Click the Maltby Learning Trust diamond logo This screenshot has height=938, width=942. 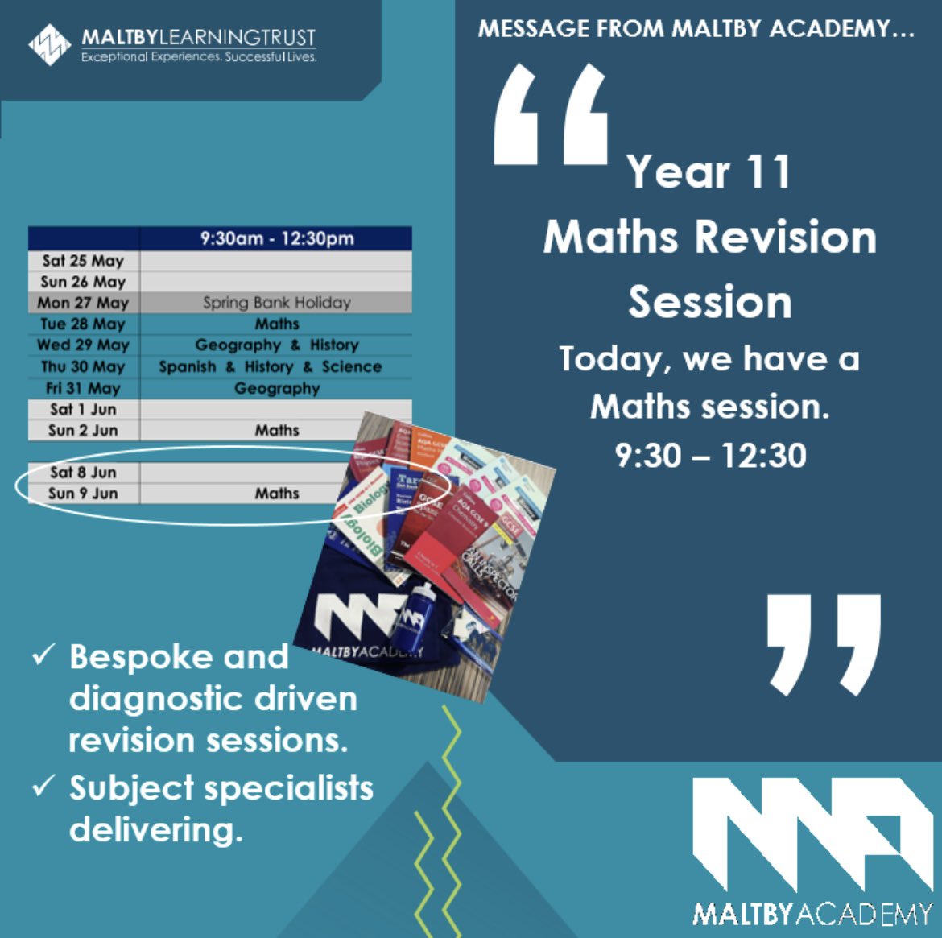click(x=50, y=44)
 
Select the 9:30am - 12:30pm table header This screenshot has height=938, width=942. click(x=276, y=238)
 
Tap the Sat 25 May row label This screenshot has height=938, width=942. click(x=83, y=261)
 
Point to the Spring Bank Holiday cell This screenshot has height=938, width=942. click(x=276, y=303)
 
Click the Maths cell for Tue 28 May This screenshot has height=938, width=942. click(x=276, y=324)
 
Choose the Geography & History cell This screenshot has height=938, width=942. click(x=276, y=345)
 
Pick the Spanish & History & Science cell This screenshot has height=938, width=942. click(x=270, y=366)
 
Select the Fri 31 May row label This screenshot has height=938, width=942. click(x=83, y=388)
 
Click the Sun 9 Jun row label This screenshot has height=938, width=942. click(x=83, y=493)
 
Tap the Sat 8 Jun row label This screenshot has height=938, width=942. click(x=83, y=472)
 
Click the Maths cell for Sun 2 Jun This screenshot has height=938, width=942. click(x=276, y=430)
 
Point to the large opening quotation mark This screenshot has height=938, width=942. click(x=551, y=115)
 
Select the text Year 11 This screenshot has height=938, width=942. click(x=709, y=172)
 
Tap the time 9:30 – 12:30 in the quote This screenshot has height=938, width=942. click(x=710, y=456)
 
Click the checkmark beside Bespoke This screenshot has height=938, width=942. click(x=43, y=655)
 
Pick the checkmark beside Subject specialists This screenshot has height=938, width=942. click(x=43, y=786)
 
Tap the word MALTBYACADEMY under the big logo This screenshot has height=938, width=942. click(x=812, y=914)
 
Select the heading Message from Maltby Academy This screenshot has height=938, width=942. click(x=696, y=29)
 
